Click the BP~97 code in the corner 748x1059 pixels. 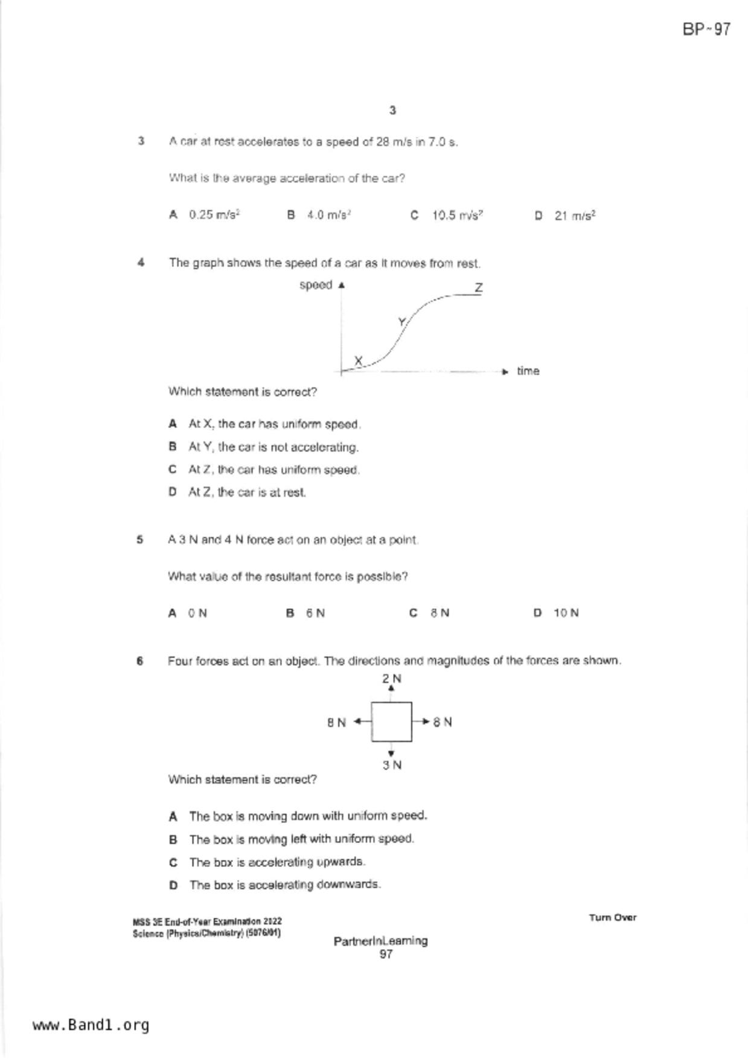pyautogui.click(x=706, y=30)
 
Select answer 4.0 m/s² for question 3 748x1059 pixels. pyautogui.click(x=328, y=215)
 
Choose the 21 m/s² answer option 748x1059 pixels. pyautogui.click(x=574, y=216)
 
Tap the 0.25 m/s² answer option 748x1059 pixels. pyautogui.click(x=214, y=215)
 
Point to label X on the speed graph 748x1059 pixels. pyautogui.click(x=358, y=360)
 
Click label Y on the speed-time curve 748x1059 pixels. pyautogui.click(x=401, y=322)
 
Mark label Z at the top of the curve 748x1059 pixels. pyautogui.click(x=478, y=287)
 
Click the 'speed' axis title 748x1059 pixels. pyautogui.click(x=316, y=285)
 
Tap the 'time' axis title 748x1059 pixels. pyautogui.click(x=528, y=371)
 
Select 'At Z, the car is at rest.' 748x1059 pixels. pyautogui.click(x=247, y=492)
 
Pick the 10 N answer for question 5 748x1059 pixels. pyautogui.click(x=566, y=613)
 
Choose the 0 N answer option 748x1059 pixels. pyautogui.click(x=197, y=613)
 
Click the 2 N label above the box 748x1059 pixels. pyautogui.click(x=391, y=679)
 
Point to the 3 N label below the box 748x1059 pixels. pyautogui.click(x=391, y=765)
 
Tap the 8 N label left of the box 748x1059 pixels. pyautogui.click(x=336, y=722)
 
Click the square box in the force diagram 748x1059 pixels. pyautogui.click(x=391, y=721)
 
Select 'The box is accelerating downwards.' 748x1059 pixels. pyautogui.click(x=284, y=885)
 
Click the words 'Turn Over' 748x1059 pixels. pyautogui.click(x=612, y=918)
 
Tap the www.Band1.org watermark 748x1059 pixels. pyautogui.click(x=91, y=1025)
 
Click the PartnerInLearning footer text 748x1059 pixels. pyautogui.click(x=380, y=941)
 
